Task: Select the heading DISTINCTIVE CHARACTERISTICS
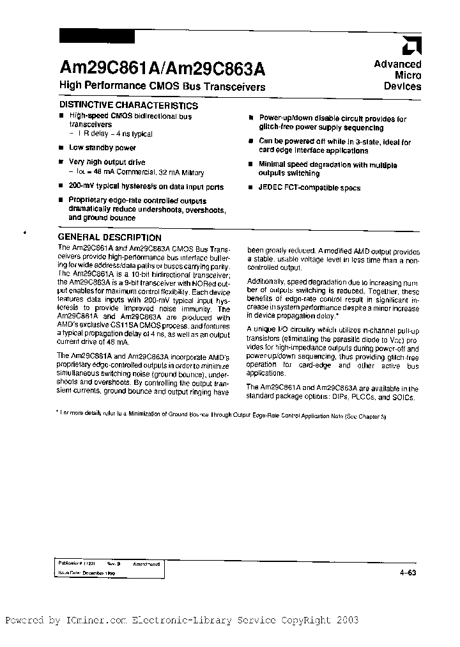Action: point(128,105)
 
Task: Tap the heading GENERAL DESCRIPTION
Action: point(110,237)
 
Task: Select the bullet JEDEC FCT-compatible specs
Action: point(309,188)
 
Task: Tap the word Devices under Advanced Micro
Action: point(402,86)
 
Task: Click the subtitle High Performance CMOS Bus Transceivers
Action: point(162,86)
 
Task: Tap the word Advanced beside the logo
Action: point(397,64)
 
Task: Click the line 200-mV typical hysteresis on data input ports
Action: point(146,187)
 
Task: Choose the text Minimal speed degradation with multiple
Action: point(327,165)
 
